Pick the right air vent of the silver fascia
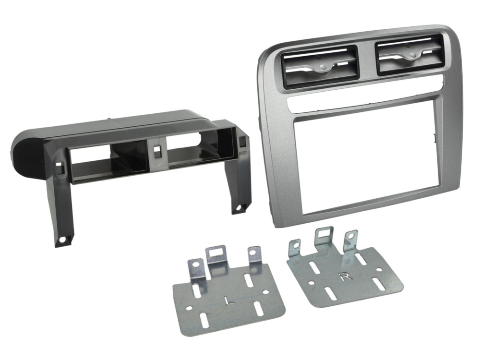point(408,56)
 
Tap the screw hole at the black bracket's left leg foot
point(62,239)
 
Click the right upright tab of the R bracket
point(351,238)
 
